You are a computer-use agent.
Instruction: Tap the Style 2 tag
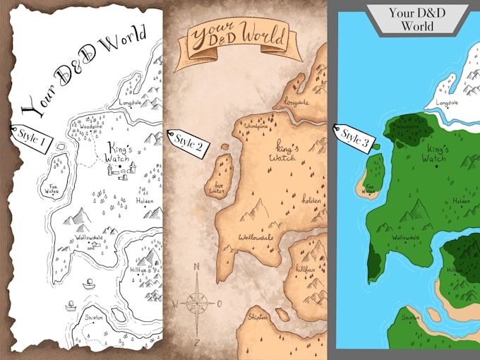pyautogui.click(x=188, y=144)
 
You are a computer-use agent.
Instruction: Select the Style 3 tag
pyautogui.click(x=353, y=138)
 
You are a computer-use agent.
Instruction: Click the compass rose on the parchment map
pyautogui.click(x=197, y=304)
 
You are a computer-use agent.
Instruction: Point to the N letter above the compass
pyautogui.click(x=197, y=267)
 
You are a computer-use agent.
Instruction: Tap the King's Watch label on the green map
pyautogui.click(x=438, y=154)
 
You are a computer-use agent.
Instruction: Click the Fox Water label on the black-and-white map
pyautogui.click(x=52, y=188)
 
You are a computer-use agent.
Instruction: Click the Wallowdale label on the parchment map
pyautogui.click(x=257, y=237)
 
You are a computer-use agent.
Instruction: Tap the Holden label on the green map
pyautogui.click(x=461, y=201)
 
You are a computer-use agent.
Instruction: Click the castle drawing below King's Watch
pyautogui.click(x=126, y=170)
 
